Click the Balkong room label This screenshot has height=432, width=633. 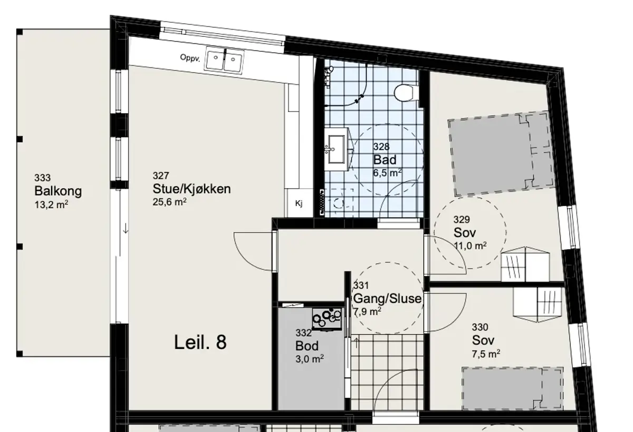click(58, 191)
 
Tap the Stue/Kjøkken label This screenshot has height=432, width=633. click(191, 189)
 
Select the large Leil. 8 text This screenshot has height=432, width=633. click(200, 342)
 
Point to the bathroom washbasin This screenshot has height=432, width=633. click(337, 149)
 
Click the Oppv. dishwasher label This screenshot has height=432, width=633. click(190, 58)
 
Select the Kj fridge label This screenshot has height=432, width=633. click(299, 203)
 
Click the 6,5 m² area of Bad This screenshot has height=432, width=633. click(387, 173)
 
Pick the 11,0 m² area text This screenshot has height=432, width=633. click(470, 246)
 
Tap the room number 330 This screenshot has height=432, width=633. click(480, 327)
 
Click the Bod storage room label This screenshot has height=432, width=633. click(307, 346)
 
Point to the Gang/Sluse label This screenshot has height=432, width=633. click(387, 299)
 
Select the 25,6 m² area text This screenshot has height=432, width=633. click(169, 202)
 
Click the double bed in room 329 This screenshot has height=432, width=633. click(501, 154)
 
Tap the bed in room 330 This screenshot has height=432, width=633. click(513, 389)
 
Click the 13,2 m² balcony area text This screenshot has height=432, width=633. click(51, 204)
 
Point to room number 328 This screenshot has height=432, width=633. click(381, 147)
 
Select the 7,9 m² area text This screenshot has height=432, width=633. click(367, 311)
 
